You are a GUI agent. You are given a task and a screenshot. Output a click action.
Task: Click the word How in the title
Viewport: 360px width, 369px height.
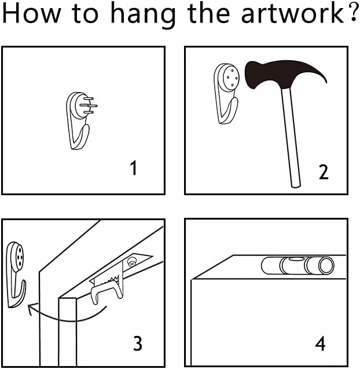31,13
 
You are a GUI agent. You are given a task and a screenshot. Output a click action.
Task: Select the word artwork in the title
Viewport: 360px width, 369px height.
293,13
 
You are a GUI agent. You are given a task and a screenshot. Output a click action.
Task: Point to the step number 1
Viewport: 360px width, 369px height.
134,167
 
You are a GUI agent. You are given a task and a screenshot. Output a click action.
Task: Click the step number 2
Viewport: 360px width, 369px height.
324,172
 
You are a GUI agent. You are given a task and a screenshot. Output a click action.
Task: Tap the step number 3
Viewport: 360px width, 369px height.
138,344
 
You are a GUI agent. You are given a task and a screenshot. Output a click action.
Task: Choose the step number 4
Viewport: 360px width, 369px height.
320,344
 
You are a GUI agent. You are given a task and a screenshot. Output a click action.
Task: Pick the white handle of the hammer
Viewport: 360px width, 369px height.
291,137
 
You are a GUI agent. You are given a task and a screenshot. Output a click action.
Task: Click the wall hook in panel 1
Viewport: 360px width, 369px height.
82,120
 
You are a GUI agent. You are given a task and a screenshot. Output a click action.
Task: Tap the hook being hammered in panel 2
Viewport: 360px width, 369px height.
227,93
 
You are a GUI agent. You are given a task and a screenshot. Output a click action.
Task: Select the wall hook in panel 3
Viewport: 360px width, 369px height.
16,275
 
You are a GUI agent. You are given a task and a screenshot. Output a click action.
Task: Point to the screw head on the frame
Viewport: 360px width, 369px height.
132,262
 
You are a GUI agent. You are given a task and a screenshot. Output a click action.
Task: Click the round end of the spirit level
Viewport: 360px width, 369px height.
326,265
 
